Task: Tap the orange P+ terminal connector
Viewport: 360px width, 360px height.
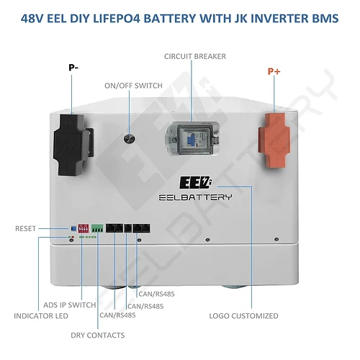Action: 274,140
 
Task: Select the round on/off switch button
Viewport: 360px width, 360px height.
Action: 130,138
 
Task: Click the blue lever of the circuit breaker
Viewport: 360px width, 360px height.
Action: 192,140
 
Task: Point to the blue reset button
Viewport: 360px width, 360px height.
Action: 74,228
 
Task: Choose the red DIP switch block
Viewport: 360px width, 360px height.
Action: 84,228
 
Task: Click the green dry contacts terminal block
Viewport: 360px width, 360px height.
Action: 97,228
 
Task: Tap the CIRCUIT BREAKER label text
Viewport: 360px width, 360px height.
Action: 195,56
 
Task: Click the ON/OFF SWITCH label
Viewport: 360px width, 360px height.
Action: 133,86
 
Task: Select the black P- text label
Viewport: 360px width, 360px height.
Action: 73,68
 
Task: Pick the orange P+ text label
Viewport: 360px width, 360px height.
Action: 274,71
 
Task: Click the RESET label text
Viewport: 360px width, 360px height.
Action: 25,228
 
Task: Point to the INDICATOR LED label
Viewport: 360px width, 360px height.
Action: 41,316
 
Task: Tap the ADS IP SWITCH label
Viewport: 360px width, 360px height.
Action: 70,305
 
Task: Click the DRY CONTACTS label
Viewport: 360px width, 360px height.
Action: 98,336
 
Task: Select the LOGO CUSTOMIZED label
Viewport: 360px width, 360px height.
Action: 243,316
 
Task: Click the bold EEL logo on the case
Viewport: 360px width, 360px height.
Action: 196,183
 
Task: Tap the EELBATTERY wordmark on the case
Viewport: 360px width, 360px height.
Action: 195,197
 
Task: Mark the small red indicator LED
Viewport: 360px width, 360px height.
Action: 73,237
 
